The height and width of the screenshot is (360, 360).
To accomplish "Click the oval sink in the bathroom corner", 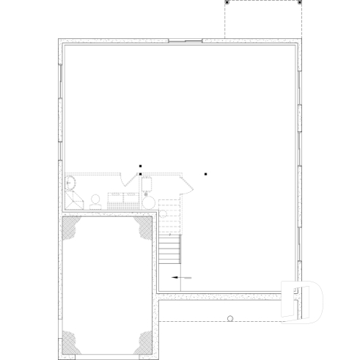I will (70, 182).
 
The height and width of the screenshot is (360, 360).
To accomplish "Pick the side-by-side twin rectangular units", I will (122, 198).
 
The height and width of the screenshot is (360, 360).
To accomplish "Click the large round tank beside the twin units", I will (147, 202).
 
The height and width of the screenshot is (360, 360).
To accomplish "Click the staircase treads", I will (169, 249).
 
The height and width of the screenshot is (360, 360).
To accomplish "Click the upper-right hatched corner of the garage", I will (144, 228).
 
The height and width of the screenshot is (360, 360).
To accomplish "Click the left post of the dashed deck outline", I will (227, 3).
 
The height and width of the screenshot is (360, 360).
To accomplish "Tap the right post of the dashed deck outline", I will (299, 3).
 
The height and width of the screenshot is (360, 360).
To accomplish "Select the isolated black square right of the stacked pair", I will (206, 174).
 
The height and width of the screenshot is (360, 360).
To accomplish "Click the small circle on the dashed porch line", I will (230, 318).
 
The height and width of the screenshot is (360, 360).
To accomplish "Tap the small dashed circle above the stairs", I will (164, 214).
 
